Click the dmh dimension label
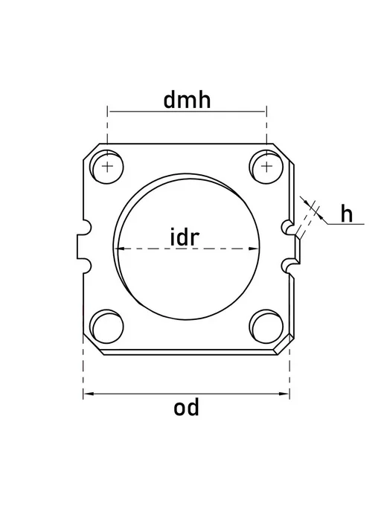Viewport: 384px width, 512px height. (187, 100)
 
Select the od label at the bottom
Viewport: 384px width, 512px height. (186, 408)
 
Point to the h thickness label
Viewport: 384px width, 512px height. (347, 214)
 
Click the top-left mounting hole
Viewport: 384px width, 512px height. (107, 167)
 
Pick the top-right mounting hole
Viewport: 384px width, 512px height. (266, 167)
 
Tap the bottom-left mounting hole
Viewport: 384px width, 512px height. (107, 326)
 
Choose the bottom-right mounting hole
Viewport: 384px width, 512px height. (266, 326)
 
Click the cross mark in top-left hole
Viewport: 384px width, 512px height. (107, 167)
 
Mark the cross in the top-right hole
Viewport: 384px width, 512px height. (266, 167)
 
